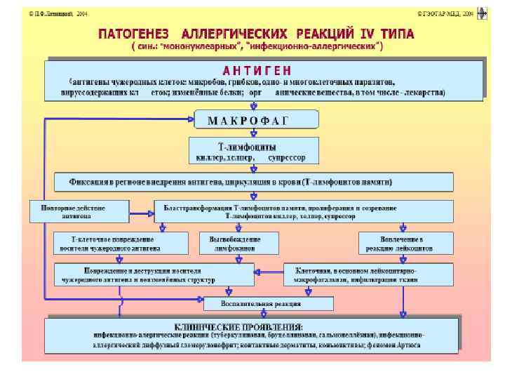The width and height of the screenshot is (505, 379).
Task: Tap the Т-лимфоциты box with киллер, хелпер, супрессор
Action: coord(253,152)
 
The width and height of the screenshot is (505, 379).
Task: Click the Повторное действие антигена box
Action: coord(79,212)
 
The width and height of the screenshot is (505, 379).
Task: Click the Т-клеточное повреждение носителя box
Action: coord(121,243)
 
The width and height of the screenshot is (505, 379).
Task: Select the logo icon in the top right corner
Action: coord(482,13)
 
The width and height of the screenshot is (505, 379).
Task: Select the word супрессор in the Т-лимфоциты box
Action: coord(287,158)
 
